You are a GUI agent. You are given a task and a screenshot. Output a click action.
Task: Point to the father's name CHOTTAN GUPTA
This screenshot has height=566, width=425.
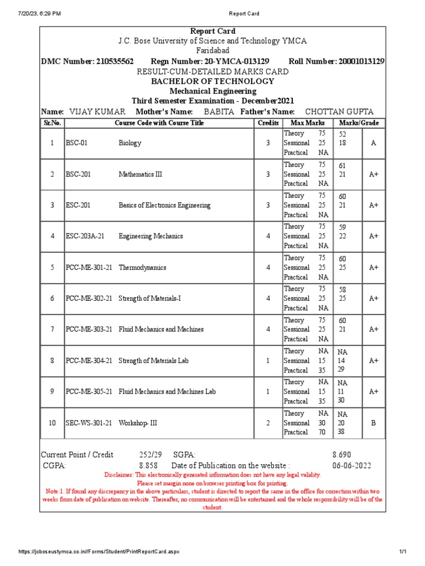[340, 112]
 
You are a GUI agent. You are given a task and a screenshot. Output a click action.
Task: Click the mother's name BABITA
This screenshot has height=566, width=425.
[219, 112]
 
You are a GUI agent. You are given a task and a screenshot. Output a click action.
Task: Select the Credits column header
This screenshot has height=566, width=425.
[268, 123]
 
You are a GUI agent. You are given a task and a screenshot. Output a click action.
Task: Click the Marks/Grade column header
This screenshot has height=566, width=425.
[360, 123]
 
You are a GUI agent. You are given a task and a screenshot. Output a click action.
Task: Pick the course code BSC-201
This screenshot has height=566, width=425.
[78, 174]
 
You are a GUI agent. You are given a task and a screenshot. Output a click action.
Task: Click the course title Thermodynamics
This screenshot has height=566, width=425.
[142, 268]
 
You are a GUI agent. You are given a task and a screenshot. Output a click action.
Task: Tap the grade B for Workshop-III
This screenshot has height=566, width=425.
[374, 423]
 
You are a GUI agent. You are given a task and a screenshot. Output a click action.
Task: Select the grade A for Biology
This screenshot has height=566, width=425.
[374, 143]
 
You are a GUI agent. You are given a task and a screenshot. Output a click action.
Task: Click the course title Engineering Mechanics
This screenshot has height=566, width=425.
[151, 236]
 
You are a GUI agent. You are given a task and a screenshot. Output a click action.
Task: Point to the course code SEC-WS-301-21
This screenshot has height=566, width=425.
[89, 423]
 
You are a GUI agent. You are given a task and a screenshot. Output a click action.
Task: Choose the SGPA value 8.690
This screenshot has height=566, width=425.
[341, 455]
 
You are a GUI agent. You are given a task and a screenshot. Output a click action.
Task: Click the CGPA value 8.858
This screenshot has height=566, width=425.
[148, 465]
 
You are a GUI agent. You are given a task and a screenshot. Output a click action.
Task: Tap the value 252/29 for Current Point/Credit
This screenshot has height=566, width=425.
[151, 455]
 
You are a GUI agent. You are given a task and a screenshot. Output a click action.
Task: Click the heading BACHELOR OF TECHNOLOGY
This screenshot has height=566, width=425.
[212, 81]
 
